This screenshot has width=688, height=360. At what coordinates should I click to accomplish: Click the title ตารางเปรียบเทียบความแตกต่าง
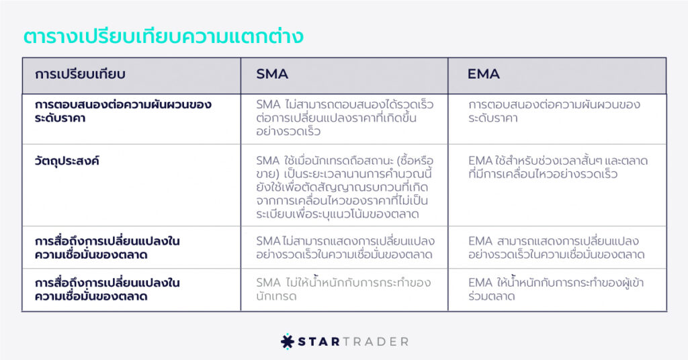pos(163,36)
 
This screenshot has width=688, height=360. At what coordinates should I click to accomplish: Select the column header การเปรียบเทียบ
pos(81,74)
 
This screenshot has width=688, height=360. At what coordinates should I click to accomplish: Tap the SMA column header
pos(272,74)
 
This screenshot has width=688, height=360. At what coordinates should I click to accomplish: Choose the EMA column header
pos(484,74)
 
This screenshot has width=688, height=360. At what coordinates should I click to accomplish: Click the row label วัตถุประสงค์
pos(67,161)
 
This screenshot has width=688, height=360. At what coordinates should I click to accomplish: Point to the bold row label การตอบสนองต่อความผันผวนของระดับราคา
pos(123,111)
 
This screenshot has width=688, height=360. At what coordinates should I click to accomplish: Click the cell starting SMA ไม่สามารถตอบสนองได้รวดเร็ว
pos(345,118)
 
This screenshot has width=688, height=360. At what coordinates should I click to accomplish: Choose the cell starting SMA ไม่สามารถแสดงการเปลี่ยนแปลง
pos(345,248)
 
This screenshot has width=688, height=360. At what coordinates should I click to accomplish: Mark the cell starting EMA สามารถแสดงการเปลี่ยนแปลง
pos(556,248)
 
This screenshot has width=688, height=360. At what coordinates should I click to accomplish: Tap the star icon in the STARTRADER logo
pos(287,342)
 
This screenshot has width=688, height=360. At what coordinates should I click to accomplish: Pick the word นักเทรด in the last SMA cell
pos(276,296)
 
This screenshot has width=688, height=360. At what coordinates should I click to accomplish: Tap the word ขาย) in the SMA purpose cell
pos(267,175)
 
